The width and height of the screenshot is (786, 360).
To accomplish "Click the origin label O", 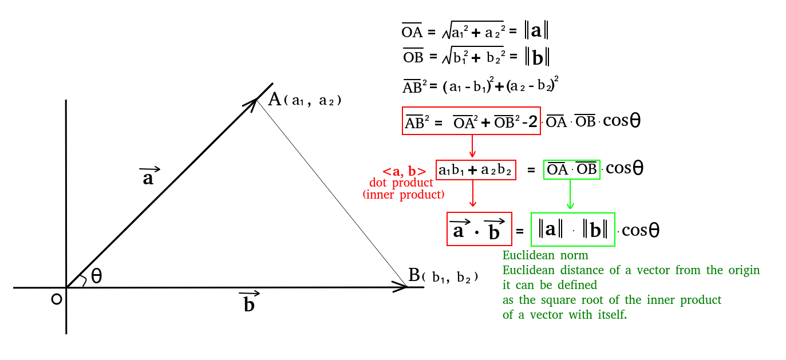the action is pyautogui.click(x=56, y=299).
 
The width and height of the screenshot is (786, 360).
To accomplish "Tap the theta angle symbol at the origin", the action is pyautogui.click(x=96, y=277).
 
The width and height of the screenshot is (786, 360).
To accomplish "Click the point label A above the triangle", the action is pyautogui.click(x=275, y=100).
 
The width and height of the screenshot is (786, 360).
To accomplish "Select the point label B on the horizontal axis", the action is pyautogui.click(x=414, y=275).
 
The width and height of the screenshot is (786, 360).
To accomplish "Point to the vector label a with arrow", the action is pyautogui.click(x=149, y=176).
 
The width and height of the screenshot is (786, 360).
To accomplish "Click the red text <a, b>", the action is pyautogui.click(x=404, y=171).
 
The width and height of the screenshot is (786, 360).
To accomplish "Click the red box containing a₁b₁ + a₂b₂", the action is pyautogui.click(x=476, y=169).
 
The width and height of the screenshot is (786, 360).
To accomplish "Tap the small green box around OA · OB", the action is pyautogui.click(x=571, y=169).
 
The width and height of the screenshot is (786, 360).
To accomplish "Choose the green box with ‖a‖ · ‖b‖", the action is pyautogui.click(x=572, y=230).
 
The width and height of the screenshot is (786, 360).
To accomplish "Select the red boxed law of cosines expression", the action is pyautogui.click(x=471, y=121).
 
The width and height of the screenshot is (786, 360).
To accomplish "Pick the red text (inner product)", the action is pyautogui.click(x=403, y=195).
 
